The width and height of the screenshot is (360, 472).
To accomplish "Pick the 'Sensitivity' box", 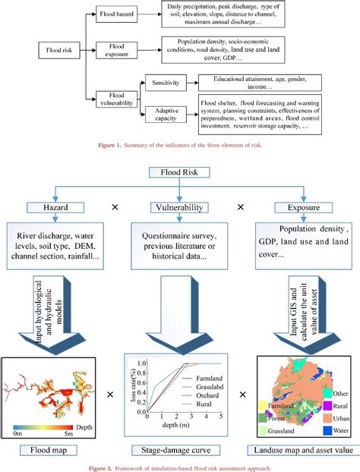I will click(x=168, y=83).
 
